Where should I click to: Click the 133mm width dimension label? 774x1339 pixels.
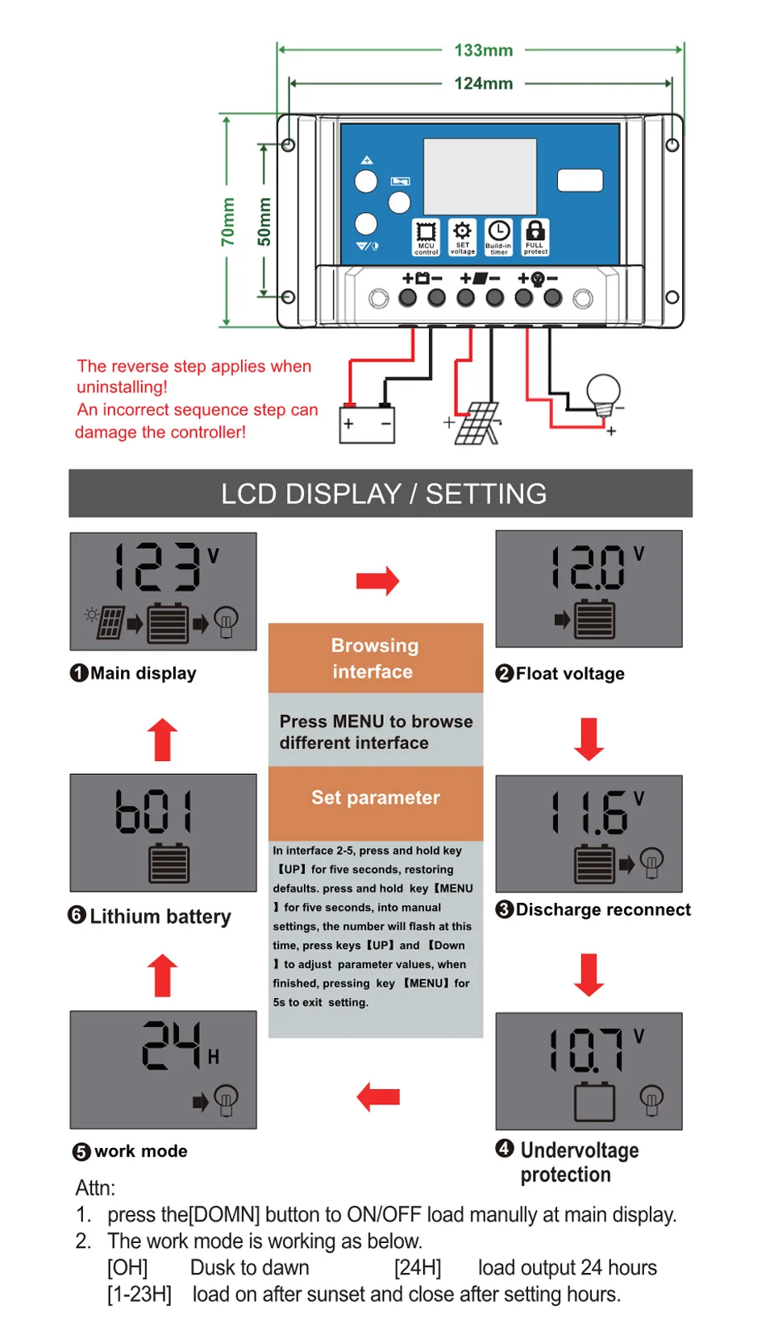tap(483, 50)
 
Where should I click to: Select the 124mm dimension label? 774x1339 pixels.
tap(483, 83)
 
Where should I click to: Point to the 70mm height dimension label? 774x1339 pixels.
tap(227, 222)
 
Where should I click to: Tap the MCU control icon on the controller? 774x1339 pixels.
tap(426, 237)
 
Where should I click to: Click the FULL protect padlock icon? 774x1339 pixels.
tap(535, 237)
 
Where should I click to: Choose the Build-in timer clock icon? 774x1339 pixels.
tap(498, 237)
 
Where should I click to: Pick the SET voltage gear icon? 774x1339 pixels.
tap(462, 237)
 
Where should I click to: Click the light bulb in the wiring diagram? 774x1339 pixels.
tap(603, 395)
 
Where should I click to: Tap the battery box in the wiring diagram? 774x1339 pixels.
tap(366, 424)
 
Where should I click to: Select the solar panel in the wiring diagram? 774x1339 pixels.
tap(477, 423)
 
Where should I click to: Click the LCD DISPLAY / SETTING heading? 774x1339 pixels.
tap(384, 493)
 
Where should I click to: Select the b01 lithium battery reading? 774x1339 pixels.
tap(154, 811)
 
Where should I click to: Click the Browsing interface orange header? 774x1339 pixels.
tap(376, 658)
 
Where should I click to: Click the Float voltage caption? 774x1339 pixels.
tap(569, 674)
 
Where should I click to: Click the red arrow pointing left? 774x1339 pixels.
tap(378, 1097)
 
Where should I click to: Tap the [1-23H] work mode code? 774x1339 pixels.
tap(139, 1295)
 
